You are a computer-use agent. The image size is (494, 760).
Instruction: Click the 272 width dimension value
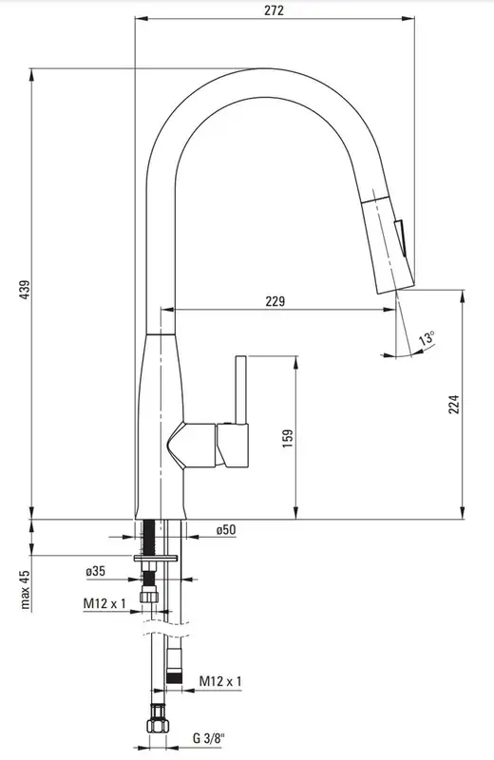(274, 10)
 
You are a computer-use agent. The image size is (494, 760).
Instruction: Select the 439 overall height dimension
(25, 290)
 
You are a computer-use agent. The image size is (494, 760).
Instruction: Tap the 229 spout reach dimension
(275, 301)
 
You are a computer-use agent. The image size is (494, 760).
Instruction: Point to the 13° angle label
(427, 337)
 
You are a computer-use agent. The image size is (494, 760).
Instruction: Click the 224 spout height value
(453, 405)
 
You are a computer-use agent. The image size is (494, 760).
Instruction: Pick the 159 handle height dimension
(288, 438)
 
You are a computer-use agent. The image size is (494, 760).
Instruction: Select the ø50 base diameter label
(226, 530)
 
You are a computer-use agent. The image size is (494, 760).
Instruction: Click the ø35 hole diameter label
(95, 571)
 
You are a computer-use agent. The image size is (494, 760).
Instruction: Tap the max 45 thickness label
(26, 589)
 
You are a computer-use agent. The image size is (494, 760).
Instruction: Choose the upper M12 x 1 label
(104, 603)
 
